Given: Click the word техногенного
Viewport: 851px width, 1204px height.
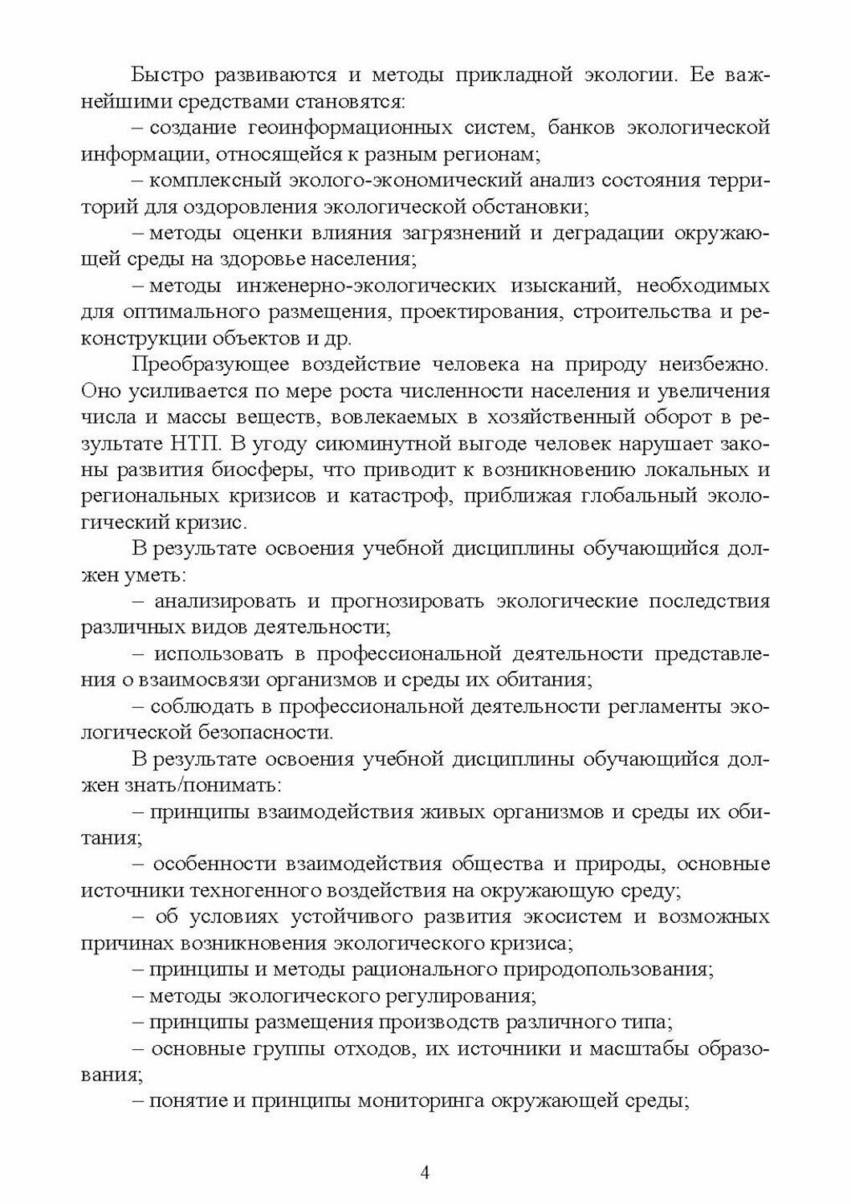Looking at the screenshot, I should tap(255, 889).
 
